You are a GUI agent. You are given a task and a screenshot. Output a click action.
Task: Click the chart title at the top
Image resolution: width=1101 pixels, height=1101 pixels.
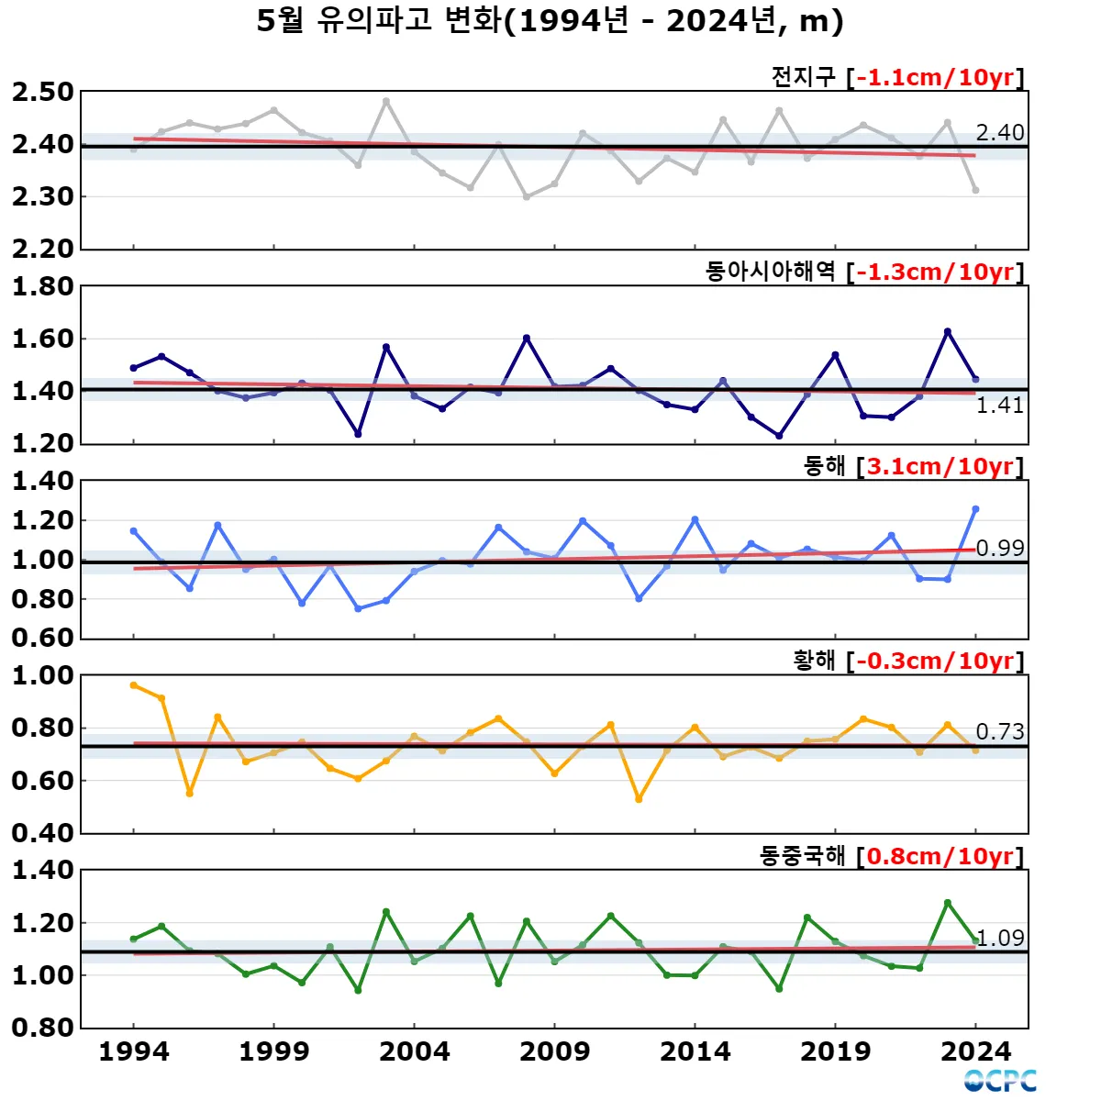click(550, 21)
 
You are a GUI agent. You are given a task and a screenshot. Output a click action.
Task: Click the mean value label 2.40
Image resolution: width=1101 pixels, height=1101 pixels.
click(999, 133)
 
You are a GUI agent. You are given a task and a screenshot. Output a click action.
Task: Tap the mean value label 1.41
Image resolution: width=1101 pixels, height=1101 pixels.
click(999, 406)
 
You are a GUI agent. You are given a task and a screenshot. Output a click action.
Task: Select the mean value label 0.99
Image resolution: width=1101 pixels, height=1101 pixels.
click(999, 548)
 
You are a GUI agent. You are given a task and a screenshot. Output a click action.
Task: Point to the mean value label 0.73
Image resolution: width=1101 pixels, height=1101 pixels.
click(999, 731)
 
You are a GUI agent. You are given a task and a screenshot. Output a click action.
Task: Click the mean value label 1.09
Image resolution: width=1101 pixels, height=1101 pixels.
click(1000, 938)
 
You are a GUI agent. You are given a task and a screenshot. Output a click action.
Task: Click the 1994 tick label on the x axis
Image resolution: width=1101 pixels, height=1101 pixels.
click(134, 1051)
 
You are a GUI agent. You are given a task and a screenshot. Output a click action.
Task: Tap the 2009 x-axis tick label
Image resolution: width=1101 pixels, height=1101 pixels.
click(555, 1051)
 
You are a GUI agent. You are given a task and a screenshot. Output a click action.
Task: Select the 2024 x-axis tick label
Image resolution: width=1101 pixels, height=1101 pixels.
click(975, 1051)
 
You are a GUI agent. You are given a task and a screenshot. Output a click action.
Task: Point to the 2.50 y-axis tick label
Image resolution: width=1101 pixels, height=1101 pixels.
click(42, 92)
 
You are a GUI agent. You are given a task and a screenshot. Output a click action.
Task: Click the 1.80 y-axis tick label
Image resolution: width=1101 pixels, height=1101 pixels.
click(42, 286)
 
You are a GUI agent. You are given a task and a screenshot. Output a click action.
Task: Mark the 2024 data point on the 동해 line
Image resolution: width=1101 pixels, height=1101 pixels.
click(975, 509)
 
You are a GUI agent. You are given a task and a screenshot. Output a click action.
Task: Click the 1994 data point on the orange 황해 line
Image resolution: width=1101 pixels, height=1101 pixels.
click(134, 685)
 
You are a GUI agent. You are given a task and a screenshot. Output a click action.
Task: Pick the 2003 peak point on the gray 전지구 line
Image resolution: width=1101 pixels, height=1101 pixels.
click(386, 101)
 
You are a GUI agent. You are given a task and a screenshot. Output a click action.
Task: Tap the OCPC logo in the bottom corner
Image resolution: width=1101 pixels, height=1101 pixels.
click(1000, 1081)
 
